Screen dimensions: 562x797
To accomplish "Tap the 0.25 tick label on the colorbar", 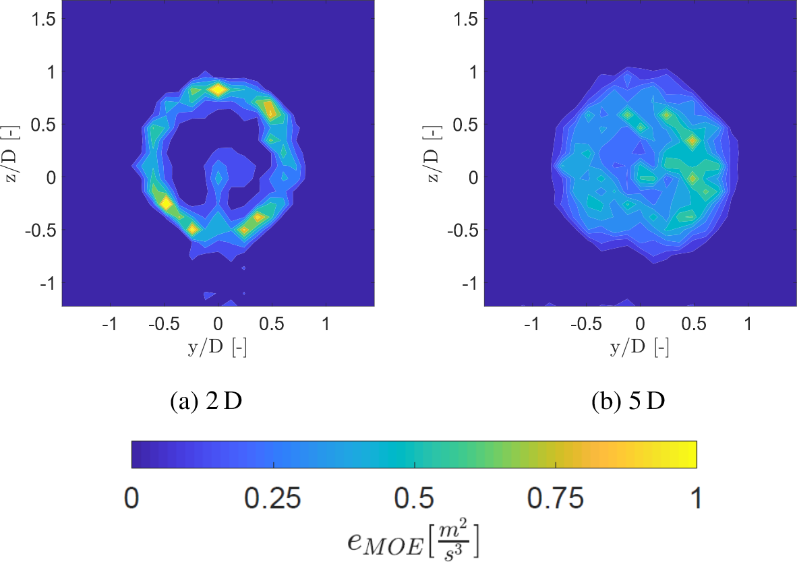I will (273, 499).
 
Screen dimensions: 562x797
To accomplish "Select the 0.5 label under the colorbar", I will (414, 499).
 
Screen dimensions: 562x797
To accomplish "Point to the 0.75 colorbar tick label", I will (554, 499).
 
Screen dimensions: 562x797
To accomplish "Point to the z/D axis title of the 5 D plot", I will (434, 152).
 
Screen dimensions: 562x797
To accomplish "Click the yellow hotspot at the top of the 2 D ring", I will (217, 89).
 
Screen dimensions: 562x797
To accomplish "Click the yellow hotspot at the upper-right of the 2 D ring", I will (270, 109).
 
